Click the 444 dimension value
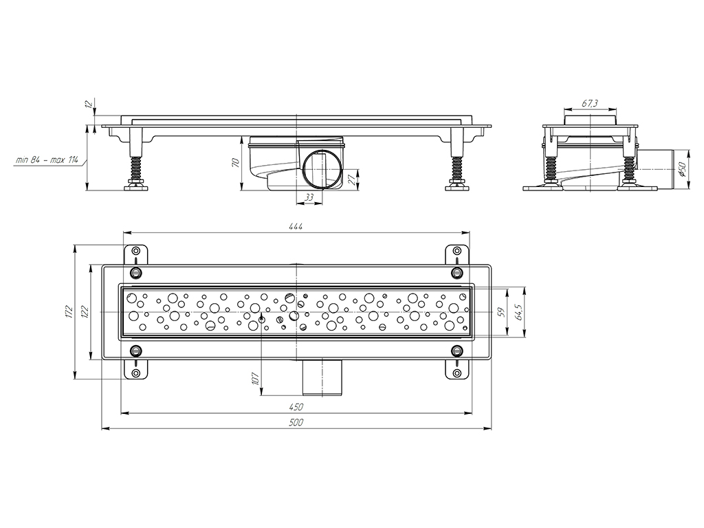point(296,226)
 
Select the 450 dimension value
point(296,407)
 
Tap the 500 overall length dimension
point(296,423)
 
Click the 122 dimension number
point(85,311)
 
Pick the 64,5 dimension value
point(520,311)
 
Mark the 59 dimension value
point(503,312)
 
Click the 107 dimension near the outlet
point(256,378)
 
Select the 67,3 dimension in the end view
point(590,103)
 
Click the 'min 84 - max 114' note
point(47,159)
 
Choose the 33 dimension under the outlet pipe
point(309,197)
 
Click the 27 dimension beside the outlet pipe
point(352,180)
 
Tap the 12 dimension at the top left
point(89,104)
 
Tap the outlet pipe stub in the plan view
point(322,377)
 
